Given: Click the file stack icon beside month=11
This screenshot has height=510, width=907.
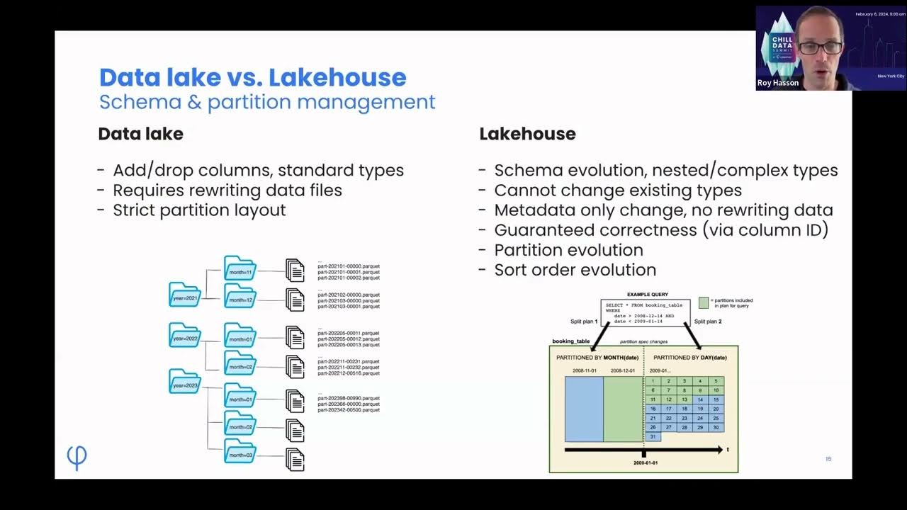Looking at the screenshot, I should coord(295,270).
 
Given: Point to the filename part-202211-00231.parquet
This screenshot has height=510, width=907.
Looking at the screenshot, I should coord(349,361).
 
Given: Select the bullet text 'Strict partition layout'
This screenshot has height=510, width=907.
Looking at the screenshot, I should coord(199,210).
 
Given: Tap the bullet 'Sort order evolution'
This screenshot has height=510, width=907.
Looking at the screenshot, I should coord(575,270).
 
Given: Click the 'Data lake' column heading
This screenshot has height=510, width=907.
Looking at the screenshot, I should coord(140,134).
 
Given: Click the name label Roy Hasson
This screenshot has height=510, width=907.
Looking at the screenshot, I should coord(777,83).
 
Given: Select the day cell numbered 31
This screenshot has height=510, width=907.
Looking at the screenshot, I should coord(653,437).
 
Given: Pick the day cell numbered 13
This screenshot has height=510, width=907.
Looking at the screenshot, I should coord(685,399).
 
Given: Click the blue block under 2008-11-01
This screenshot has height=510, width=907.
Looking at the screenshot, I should coord(584,409).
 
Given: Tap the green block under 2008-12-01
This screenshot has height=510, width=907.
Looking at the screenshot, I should coord(623,409).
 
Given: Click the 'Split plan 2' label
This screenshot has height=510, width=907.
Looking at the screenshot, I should coord(707,322).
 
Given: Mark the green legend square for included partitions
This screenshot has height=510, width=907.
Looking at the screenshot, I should coord(703,302).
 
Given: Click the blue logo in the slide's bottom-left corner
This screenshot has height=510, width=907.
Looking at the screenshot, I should coord(77,458).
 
